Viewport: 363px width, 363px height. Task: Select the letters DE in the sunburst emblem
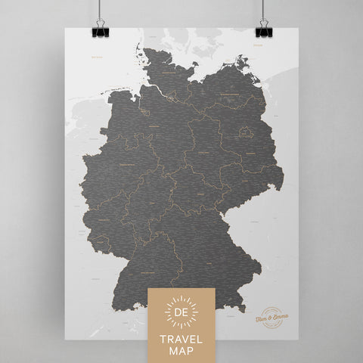click(x=181, y=311)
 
